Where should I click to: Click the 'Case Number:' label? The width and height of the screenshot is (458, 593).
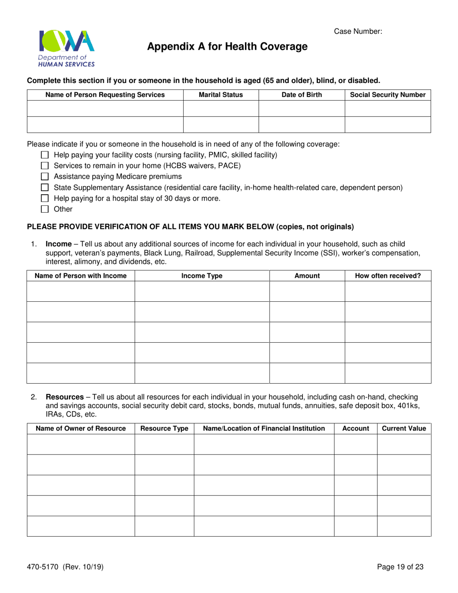coord(358,31)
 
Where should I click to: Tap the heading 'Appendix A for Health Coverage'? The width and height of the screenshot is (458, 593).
coord(227,47)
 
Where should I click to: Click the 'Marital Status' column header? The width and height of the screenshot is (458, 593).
coord(221,95)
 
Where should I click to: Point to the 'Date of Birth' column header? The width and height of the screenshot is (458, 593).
coord(302,95)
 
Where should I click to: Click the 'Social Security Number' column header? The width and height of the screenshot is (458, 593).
coord(388,95)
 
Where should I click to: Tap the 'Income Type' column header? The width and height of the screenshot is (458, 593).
coord(202,276)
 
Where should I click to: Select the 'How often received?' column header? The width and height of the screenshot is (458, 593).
coord(388,276)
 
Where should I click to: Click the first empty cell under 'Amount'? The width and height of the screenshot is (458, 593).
coord(307,292)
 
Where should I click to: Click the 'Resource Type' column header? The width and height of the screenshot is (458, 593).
coord(164,429)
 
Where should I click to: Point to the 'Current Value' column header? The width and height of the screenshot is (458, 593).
coord(404,429)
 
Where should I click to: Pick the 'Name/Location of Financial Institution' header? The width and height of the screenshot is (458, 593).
coord(264,429)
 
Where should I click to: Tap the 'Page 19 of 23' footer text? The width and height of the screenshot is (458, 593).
coord(401,567)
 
